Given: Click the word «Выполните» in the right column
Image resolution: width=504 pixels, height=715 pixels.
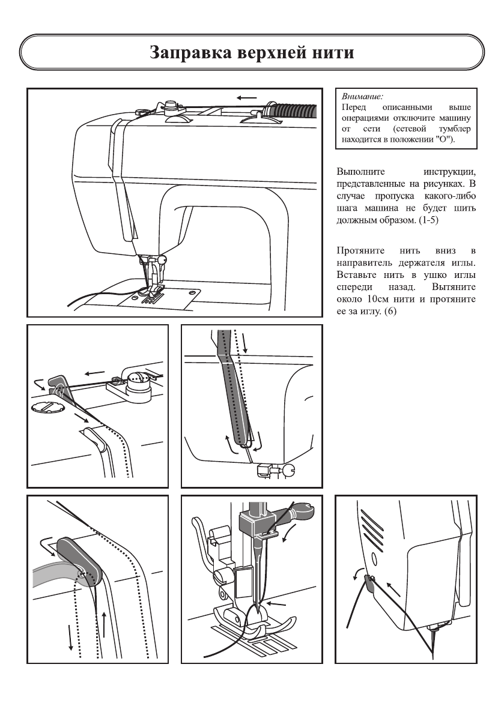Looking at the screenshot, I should point(362,172).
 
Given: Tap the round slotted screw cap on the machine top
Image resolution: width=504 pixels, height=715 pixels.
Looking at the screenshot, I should point(46,408).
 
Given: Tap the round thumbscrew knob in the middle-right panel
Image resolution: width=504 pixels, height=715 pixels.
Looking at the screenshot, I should point(288,470).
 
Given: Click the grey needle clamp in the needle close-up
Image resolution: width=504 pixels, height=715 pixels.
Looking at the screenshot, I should point(257,522).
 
